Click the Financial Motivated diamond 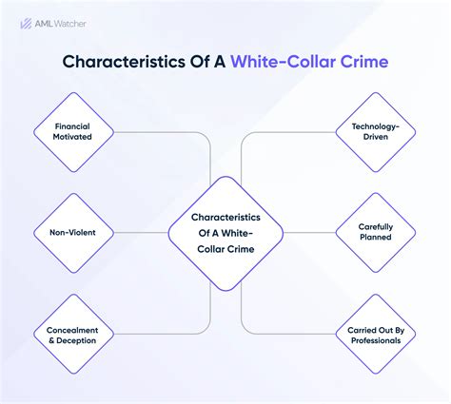73,131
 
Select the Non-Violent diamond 73,231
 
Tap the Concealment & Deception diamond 73,336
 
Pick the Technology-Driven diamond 374,131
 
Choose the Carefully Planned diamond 374,231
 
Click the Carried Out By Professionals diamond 374,336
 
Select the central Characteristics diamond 225,233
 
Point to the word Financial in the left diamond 73,125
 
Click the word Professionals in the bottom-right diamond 374,340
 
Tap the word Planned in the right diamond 374,237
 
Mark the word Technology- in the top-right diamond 374,125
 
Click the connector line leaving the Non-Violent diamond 143,231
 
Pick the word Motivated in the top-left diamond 73,138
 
